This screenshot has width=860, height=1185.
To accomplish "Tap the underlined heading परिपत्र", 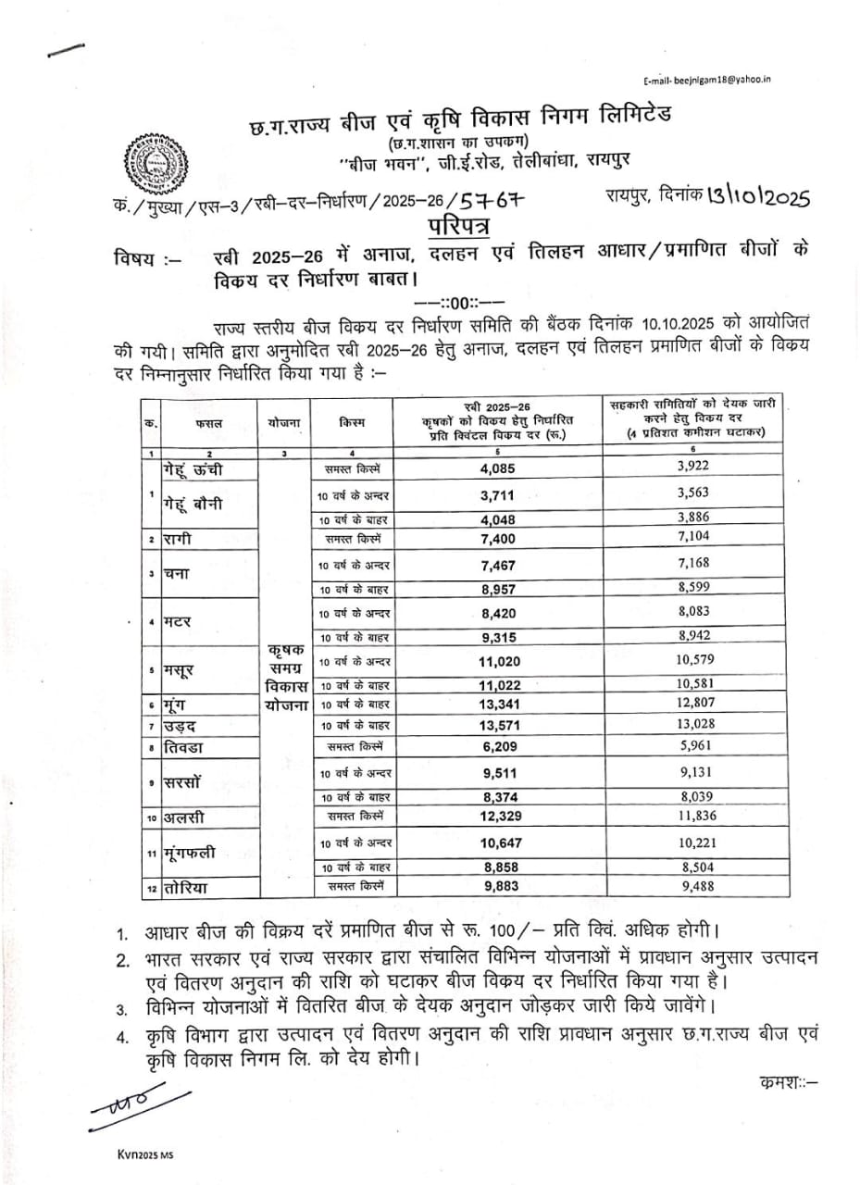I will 460,225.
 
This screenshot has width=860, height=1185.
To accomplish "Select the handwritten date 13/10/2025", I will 757,196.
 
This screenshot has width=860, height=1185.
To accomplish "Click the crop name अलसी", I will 186,817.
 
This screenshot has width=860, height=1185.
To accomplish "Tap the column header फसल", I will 208,423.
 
